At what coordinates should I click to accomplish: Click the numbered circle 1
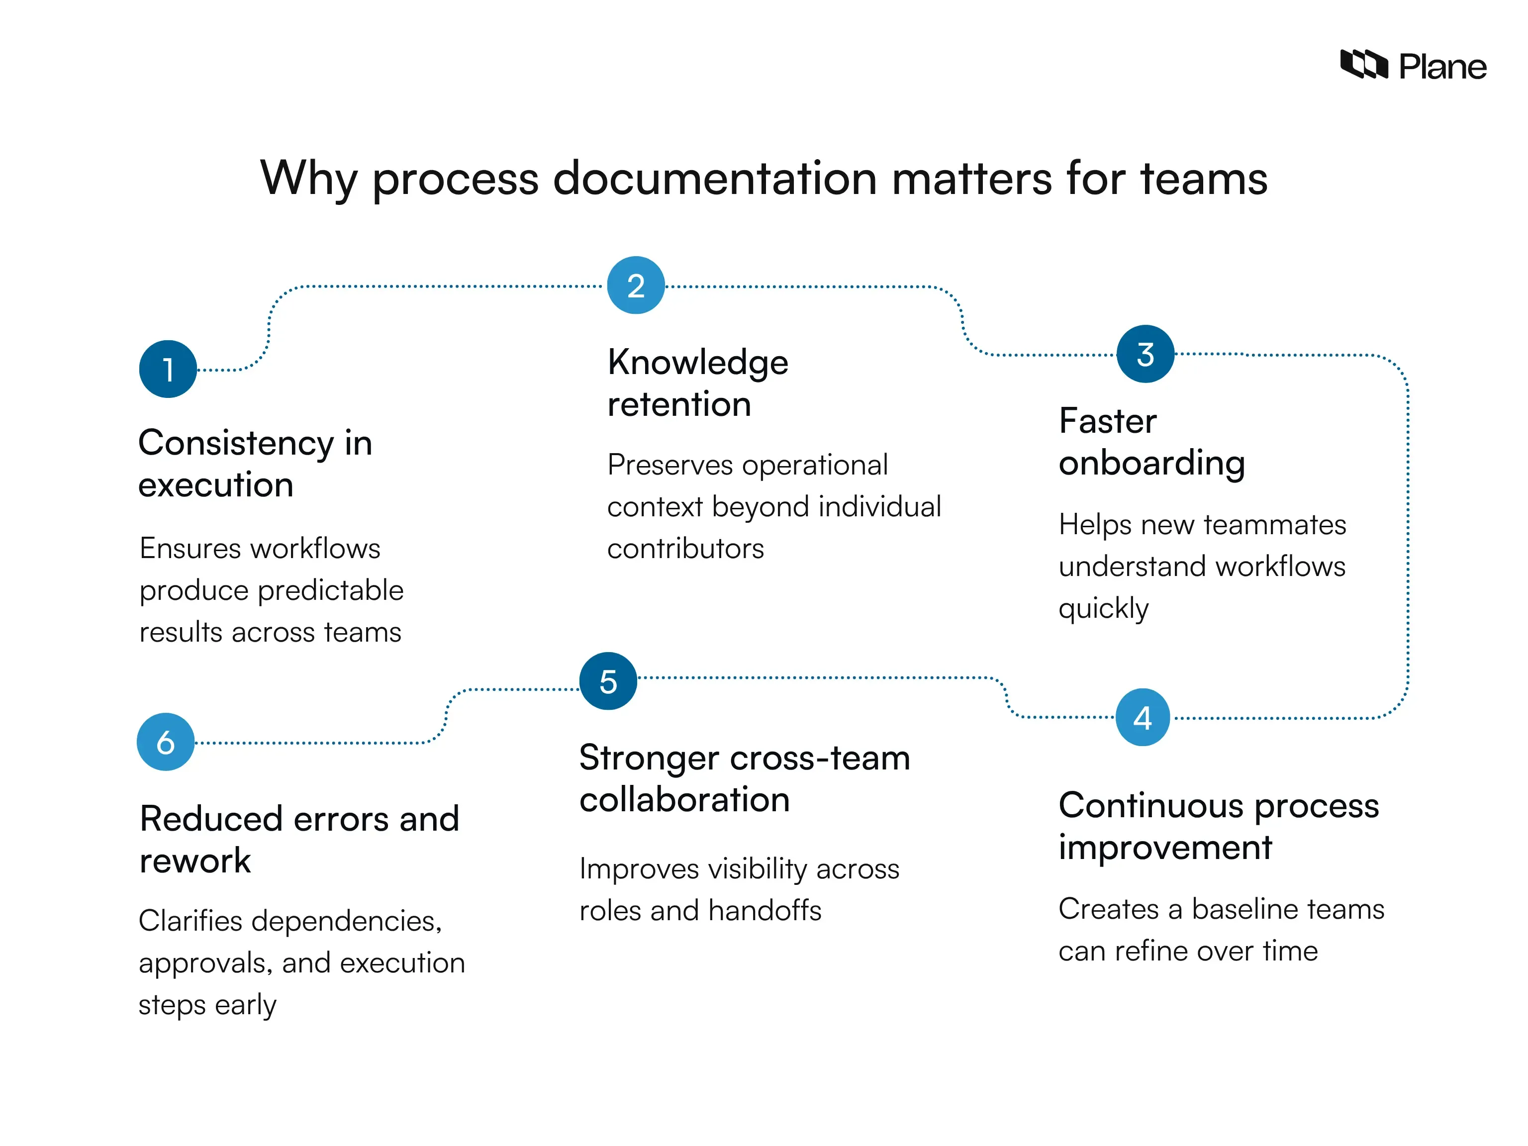[x=168, y=369]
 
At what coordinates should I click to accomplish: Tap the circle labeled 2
[x=636, y=286]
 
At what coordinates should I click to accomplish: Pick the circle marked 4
[x=1143, y=717]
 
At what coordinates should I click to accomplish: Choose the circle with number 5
[x=608, y=681]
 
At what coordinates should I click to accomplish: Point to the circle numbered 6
[x=166, y=742]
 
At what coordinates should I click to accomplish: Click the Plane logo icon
[x=1363, y=65]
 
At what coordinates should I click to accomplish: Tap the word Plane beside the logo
[x=1442, y=67]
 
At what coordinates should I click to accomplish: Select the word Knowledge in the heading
[x=698, y=363]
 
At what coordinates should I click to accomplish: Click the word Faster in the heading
[x=1107, y=421]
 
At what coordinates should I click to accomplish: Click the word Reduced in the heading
[x=211, y=819]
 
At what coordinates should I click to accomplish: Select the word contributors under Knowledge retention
[x=685, y=549]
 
